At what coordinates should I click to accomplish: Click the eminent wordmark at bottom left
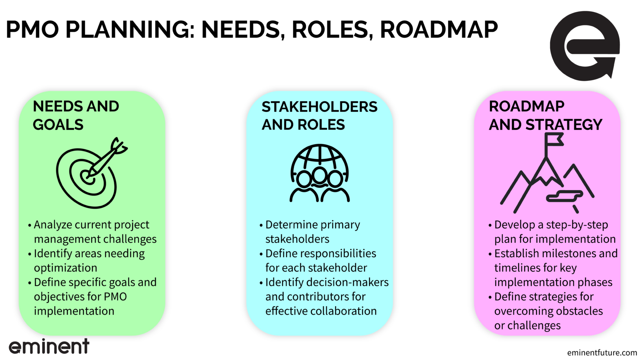tap(49, 347)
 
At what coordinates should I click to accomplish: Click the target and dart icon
tap(91, 173)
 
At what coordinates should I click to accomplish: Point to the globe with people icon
tap(320, 173)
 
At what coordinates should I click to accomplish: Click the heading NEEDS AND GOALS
tap(76, 116)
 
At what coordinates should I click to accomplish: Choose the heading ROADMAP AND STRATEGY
tap(545, 116)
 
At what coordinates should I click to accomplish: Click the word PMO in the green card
tap(115, 297)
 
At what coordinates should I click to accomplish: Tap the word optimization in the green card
tap(65, 268)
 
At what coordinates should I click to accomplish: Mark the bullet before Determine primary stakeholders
tap(261, 226)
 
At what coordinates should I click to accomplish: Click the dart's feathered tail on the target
tap(120, 146)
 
